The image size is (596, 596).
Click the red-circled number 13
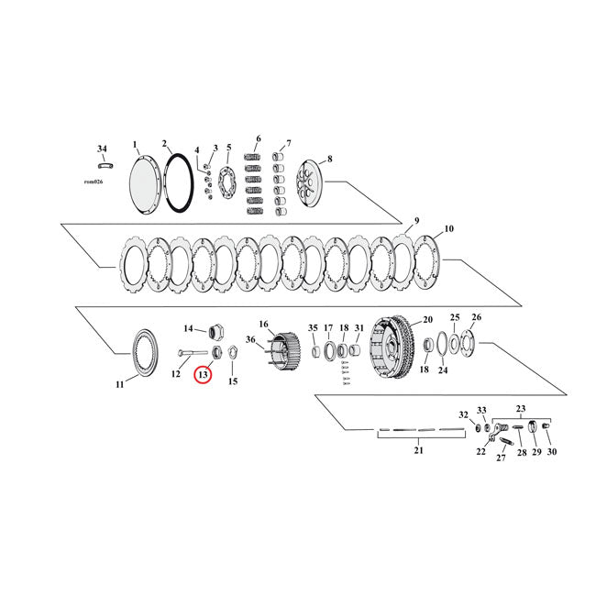(x=202, y=375)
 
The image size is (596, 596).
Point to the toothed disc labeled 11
(x=141, y=351)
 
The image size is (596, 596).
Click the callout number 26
(x=475, y=318)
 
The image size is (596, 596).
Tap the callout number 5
(x=228, y=147)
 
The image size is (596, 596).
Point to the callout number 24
(x=442, y=370)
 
